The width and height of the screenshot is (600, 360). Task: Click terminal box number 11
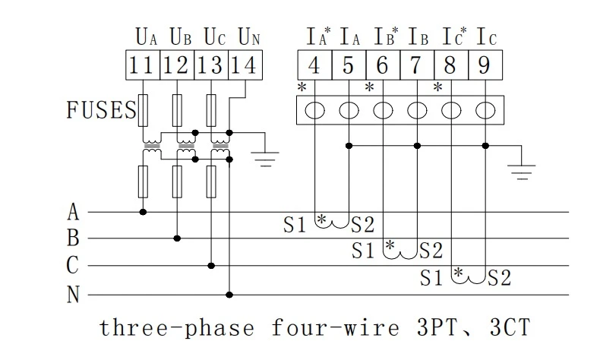coord(143,65)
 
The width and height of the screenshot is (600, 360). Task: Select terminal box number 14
coord(245,65)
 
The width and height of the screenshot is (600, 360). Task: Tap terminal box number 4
coord(314,65)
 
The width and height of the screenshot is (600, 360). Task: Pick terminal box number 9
coord(485,65)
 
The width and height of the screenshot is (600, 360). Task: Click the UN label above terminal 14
coord(249,37)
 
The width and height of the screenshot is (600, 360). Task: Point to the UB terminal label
coord(181,37)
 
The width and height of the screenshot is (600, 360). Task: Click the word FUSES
coord(102,110)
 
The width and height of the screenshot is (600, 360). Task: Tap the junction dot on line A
coord(143,212)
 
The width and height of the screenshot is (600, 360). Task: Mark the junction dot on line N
coord(229,295)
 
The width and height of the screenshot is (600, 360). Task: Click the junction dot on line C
coord(211,266)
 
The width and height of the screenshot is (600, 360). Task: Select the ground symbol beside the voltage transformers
coord(265,159)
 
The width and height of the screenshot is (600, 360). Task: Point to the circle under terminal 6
coord(383,111)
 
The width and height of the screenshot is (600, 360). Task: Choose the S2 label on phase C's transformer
coord(500,278)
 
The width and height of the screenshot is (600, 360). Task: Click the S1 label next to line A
coord(295,225)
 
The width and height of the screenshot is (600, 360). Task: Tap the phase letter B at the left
coord(73,238)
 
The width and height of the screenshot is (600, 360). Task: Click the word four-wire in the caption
coord(335,328)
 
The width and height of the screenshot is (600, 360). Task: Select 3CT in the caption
coord(510,327)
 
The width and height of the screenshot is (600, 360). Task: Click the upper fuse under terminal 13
coord(211,111)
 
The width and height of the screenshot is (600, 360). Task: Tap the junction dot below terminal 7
coord(418,146)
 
